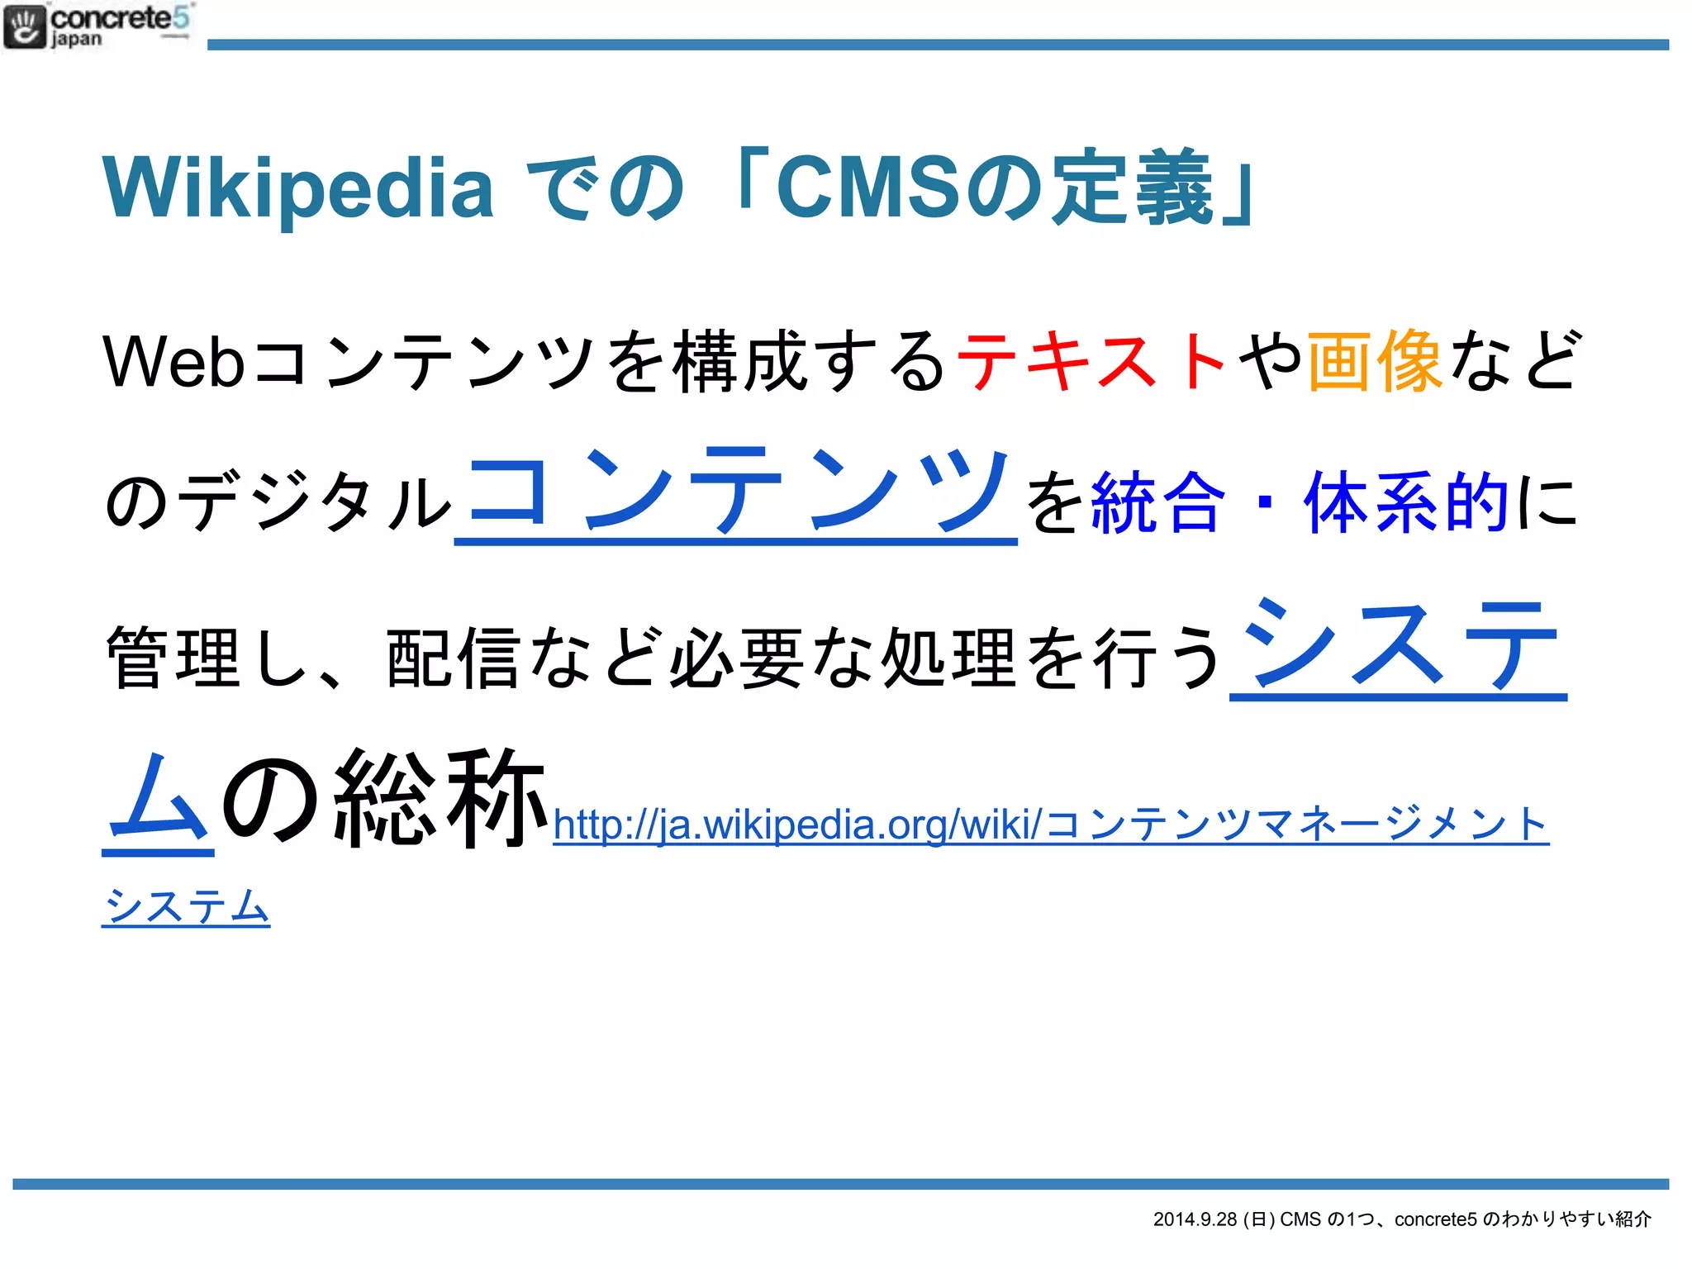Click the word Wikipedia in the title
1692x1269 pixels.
pyautogui.click(x=297, y=188)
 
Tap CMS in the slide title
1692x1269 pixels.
pyautogui.click(x=867, y=188)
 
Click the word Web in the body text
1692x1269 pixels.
pyautogui.click(x=173, y=362)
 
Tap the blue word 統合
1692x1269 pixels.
pyautogui.click(x=1157, y=502)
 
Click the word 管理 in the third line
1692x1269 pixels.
pyautogui.click(x=173, y=658)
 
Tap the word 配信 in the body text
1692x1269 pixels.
pyautogui.click(x=454, y=658)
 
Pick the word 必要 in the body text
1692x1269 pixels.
pyautogui.click(x=736, y=658)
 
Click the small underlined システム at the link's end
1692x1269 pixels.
pyautogui.click(x=186, y=907)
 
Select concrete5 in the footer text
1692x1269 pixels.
pyautogui.click(x=1435, y=1219)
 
